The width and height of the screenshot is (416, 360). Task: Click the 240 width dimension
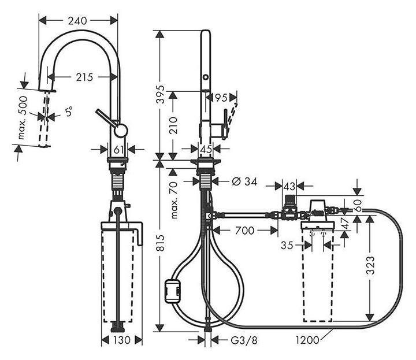coord(77,21)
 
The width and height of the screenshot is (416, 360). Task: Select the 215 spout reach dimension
coord(84,77)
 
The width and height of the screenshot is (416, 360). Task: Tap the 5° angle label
coord(69,112)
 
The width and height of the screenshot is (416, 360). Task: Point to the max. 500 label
coord(23,117)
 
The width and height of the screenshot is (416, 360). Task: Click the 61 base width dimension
coord(118,150)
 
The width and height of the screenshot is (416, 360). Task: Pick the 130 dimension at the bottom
coord(121,340)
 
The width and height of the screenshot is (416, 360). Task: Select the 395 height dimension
coord(160,94)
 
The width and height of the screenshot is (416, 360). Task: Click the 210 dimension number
coord(173,125)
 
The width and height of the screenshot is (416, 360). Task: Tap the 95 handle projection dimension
coord(221,98)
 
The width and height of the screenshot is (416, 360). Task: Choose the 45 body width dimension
coord(206,149)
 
